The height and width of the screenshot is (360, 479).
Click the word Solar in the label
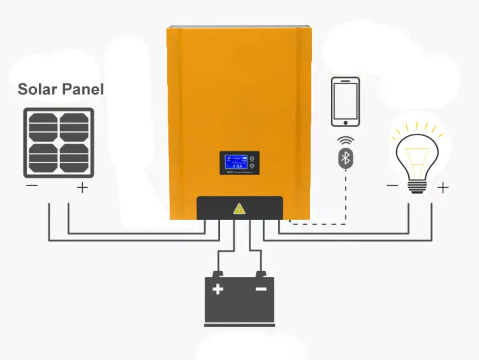click(36, 89)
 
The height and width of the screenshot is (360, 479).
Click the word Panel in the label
click(82, 89)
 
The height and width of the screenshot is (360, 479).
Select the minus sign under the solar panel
click(31, 187)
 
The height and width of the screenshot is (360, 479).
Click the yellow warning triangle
click(239, 208)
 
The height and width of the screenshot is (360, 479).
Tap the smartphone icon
click(345, 102)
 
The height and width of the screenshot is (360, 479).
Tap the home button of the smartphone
click(345, 122)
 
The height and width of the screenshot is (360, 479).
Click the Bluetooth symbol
click(345, 158)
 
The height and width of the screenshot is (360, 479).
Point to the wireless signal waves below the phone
click(345, 140)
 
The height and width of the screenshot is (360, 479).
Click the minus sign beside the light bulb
click(392, 186)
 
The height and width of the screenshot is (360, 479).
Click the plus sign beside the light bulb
click(443, 187)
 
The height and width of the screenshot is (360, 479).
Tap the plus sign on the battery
click(218, 289)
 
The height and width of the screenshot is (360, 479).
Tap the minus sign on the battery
click(261, 289)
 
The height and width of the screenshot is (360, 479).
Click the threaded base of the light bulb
click(417, 185)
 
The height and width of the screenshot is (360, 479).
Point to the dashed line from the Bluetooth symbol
click(345, 198)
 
